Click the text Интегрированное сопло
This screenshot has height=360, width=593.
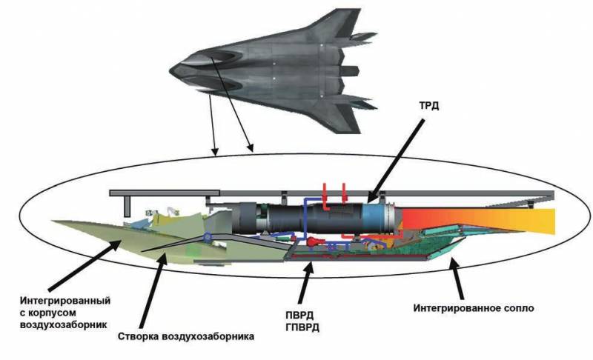coord(472,304)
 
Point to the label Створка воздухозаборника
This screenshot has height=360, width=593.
coord(186,336)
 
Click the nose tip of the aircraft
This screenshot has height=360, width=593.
coord(172,73)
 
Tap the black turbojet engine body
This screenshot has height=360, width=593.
coord(296,216)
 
